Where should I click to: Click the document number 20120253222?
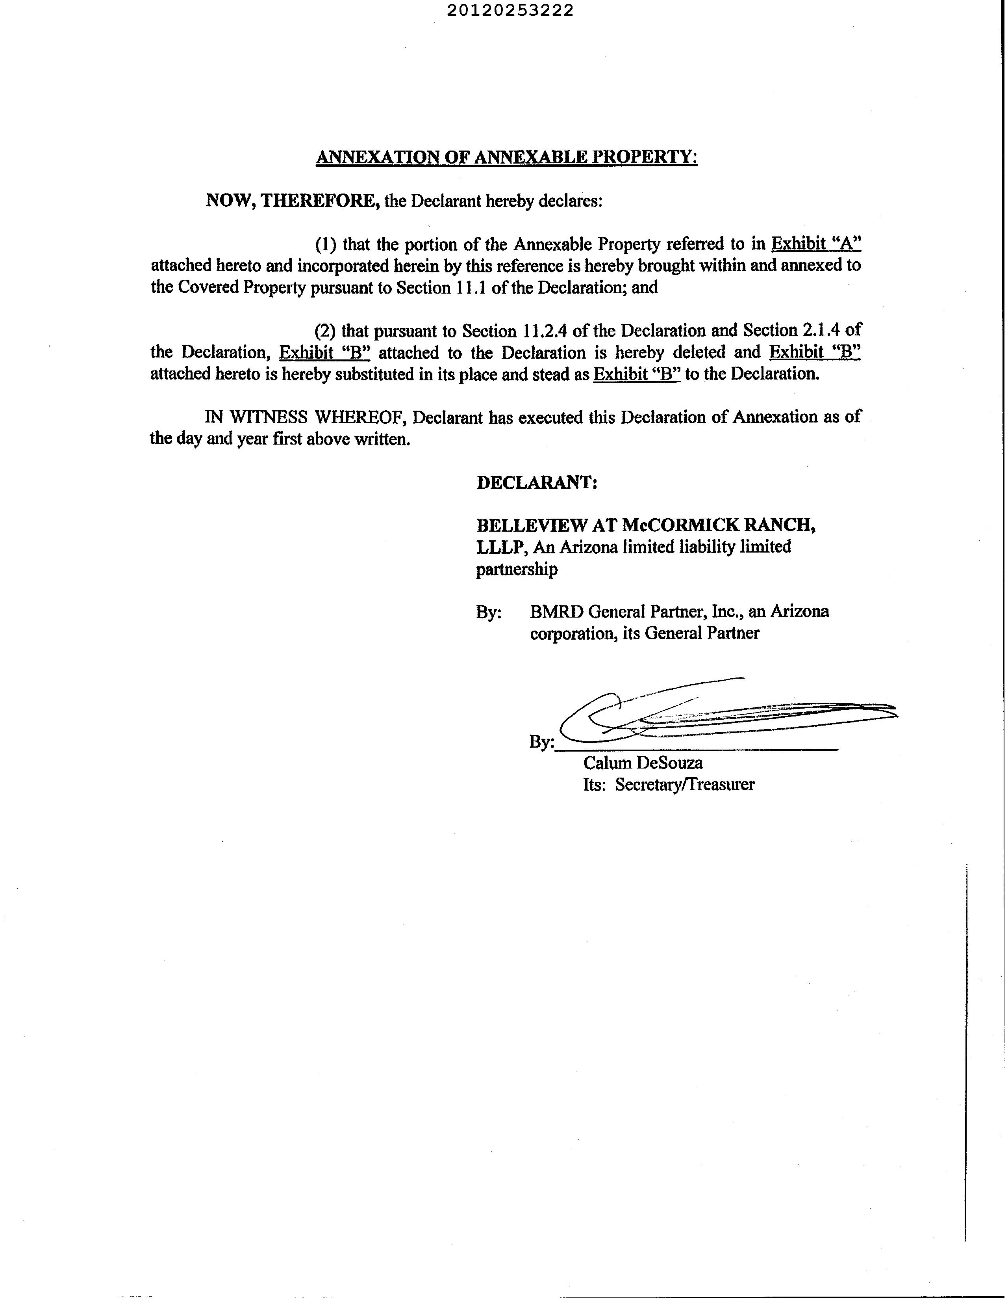click(x=510, y=11)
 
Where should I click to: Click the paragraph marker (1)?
click(x=325, y=244)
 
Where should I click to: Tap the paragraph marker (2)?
click(x=325, y=331)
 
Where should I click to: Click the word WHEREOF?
click(x=359, y=417)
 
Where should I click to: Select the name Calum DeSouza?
click(x=643, y=763)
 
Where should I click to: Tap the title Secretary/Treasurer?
click(x=684, y=785)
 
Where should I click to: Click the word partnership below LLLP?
click(x=517, y=569)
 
